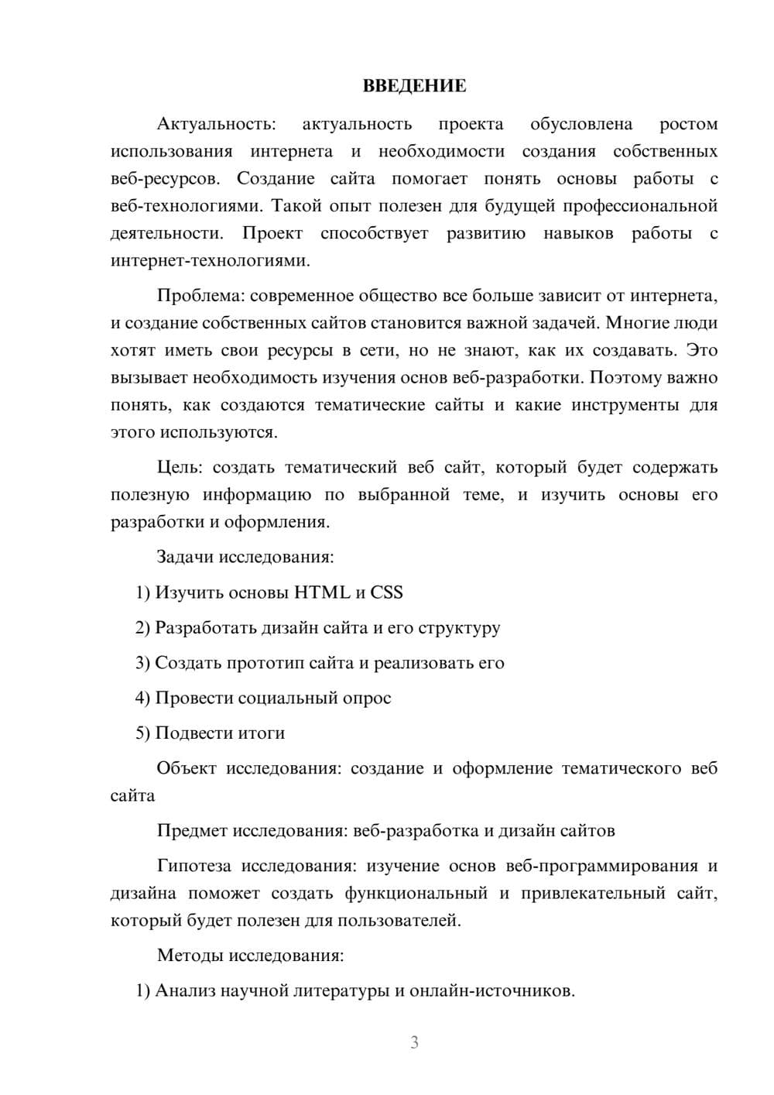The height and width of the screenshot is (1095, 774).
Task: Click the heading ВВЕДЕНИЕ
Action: tap(414, 86)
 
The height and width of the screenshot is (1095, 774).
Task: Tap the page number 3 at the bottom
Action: tap(414, 1042)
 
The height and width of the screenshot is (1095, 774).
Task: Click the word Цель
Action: tap(178, 467)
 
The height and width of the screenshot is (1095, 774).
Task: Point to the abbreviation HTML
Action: tap(322, 592)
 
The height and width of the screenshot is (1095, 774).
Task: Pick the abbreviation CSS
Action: tap(387, 592)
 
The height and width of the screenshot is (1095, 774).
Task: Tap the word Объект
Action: tap(187, 768)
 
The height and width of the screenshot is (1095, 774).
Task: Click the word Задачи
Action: tap(185, 557)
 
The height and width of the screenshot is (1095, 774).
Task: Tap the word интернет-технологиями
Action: tap(210, 261)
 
